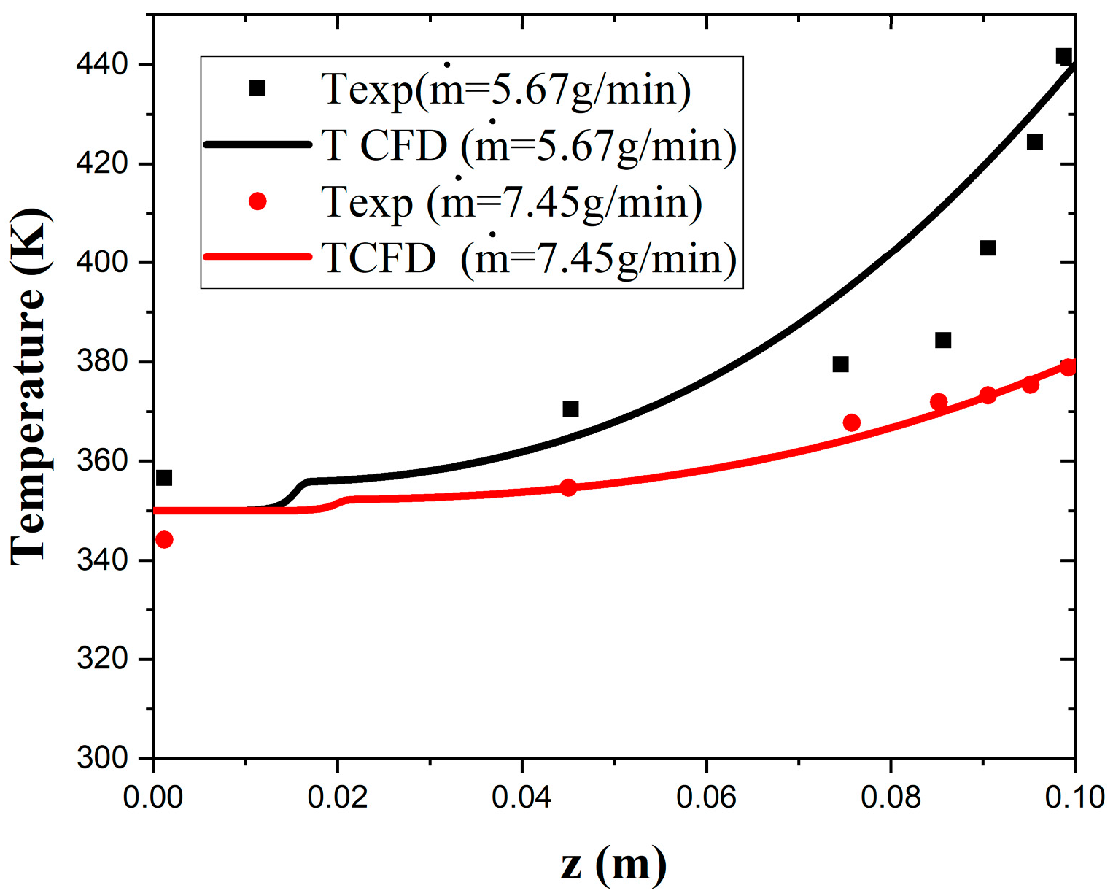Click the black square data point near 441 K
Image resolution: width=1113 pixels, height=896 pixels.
coord(1063,56)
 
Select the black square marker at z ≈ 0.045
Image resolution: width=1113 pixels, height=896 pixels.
coord(570,409)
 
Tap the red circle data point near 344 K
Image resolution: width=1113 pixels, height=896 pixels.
coord(164,540)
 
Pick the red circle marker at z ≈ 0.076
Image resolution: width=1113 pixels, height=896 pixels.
coord(851,423)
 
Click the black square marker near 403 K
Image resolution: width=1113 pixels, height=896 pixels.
coord(988,248)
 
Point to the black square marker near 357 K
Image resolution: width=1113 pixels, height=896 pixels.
coord(164,478)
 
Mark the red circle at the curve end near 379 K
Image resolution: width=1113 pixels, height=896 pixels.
coord(1068,367)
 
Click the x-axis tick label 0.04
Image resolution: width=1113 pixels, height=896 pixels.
coord(521,797)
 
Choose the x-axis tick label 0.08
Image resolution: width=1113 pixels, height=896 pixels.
coord(891,797)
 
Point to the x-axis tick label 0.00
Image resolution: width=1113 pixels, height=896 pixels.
coord(153,797)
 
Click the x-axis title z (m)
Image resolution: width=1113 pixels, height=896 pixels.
coord(613,864)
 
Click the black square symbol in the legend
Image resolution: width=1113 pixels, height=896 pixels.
coord(257,88)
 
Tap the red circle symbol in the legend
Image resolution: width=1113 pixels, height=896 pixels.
coord(257,201)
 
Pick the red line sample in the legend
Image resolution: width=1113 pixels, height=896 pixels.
coord(257,257)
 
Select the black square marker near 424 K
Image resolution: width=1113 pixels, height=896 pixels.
coord(1034,142)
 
